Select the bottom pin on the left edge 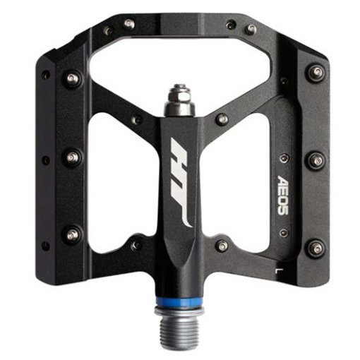(x=72, y=234)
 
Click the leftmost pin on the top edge (x=107, y=30)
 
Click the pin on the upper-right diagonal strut (x=221, y=120)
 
